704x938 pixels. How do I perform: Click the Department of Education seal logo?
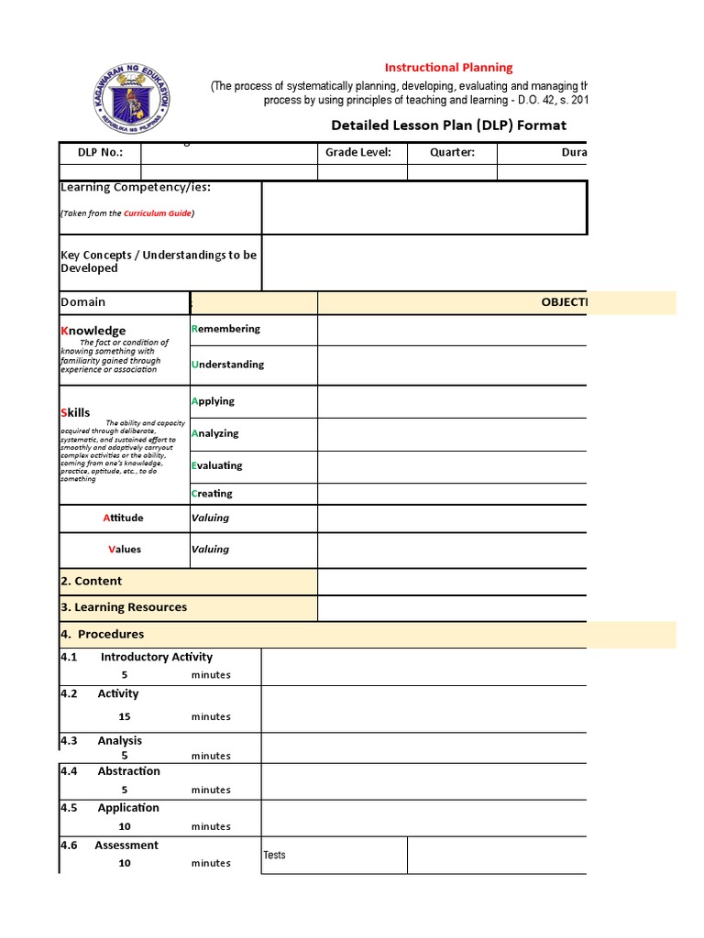[135, 98]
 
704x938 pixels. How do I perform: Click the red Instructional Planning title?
[448, 67]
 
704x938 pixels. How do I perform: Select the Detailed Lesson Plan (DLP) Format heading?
[448, 125]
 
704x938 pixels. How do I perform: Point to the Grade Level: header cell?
[358, 153]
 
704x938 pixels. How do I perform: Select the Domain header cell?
[83, 302]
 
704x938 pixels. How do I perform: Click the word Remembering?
[225, 329]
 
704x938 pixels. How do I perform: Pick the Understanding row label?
[227, 365]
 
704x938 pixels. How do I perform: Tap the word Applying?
[213, 401]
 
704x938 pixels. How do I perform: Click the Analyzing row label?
[214, 433]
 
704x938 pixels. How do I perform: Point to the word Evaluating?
[217, 465]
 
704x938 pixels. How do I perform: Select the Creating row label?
[212, 494]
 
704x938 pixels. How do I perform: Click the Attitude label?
[123, 518]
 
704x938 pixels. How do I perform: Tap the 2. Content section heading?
[91, 582]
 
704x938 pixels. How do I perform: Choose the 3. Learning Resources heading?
[123, 607]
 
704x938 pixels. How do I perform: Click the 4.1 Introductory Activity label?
[137, 657]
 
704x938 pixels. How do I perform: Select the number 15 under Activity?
[125, 717]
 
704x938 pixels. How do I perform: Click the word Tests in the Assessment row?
[274, 856]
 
